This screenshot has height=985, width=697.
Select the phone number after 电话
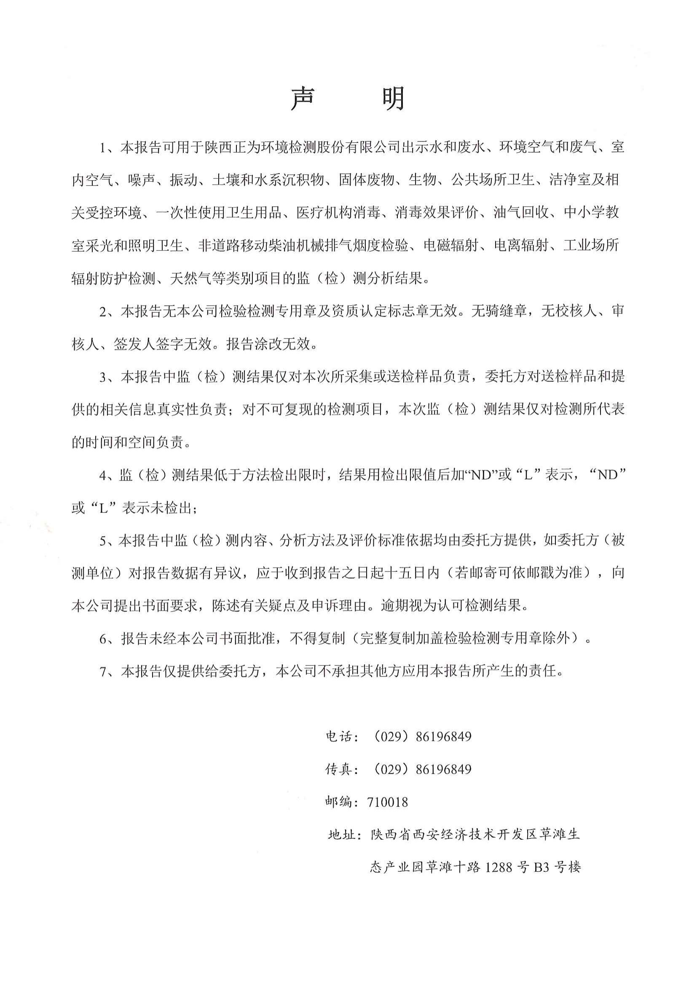[420, 737]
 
